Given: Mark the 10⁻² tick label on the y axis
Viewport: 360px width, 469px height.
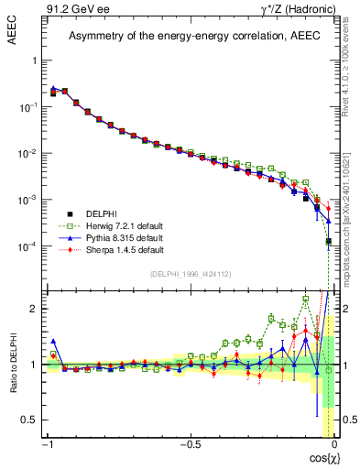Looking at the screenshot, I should pos(27,154).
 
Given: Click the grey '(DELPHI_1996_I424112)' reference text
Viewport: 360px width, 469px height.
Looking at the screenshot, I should pos(190,273).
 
